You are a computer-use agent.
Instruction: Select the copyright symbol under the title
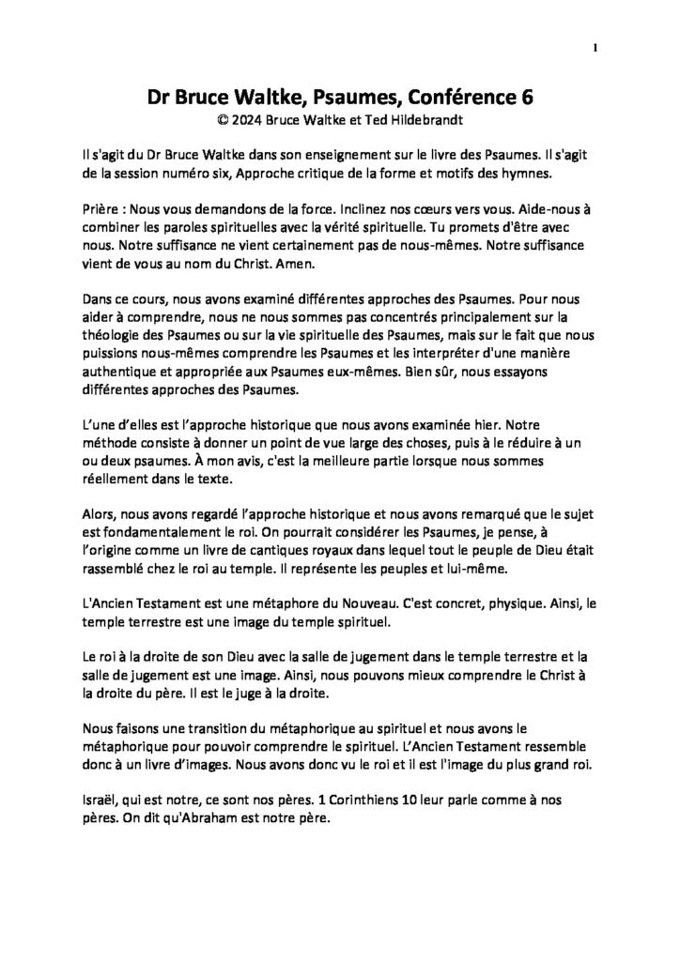(x=221, y=120)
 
